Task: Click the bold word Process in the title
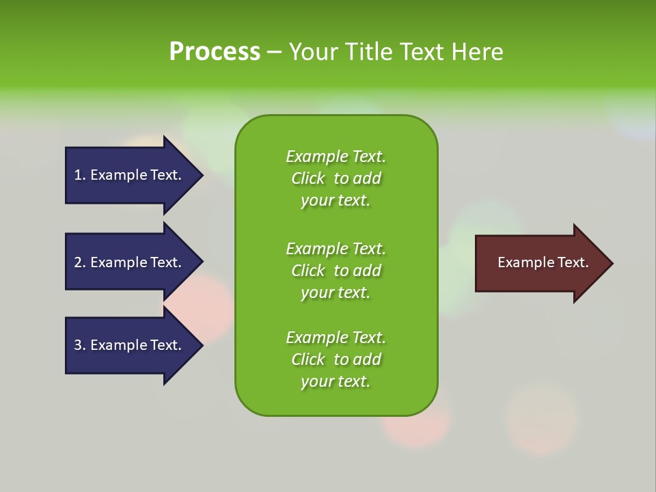pos(215,52)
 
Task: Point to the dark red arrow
pos(540,263)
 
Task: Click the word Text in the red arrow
pos(573,262)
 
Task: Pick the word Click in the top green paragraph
pos(308,178)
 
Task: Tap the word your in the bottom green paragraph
pos(316,381)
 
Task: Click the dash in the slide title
pos(274,52)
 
